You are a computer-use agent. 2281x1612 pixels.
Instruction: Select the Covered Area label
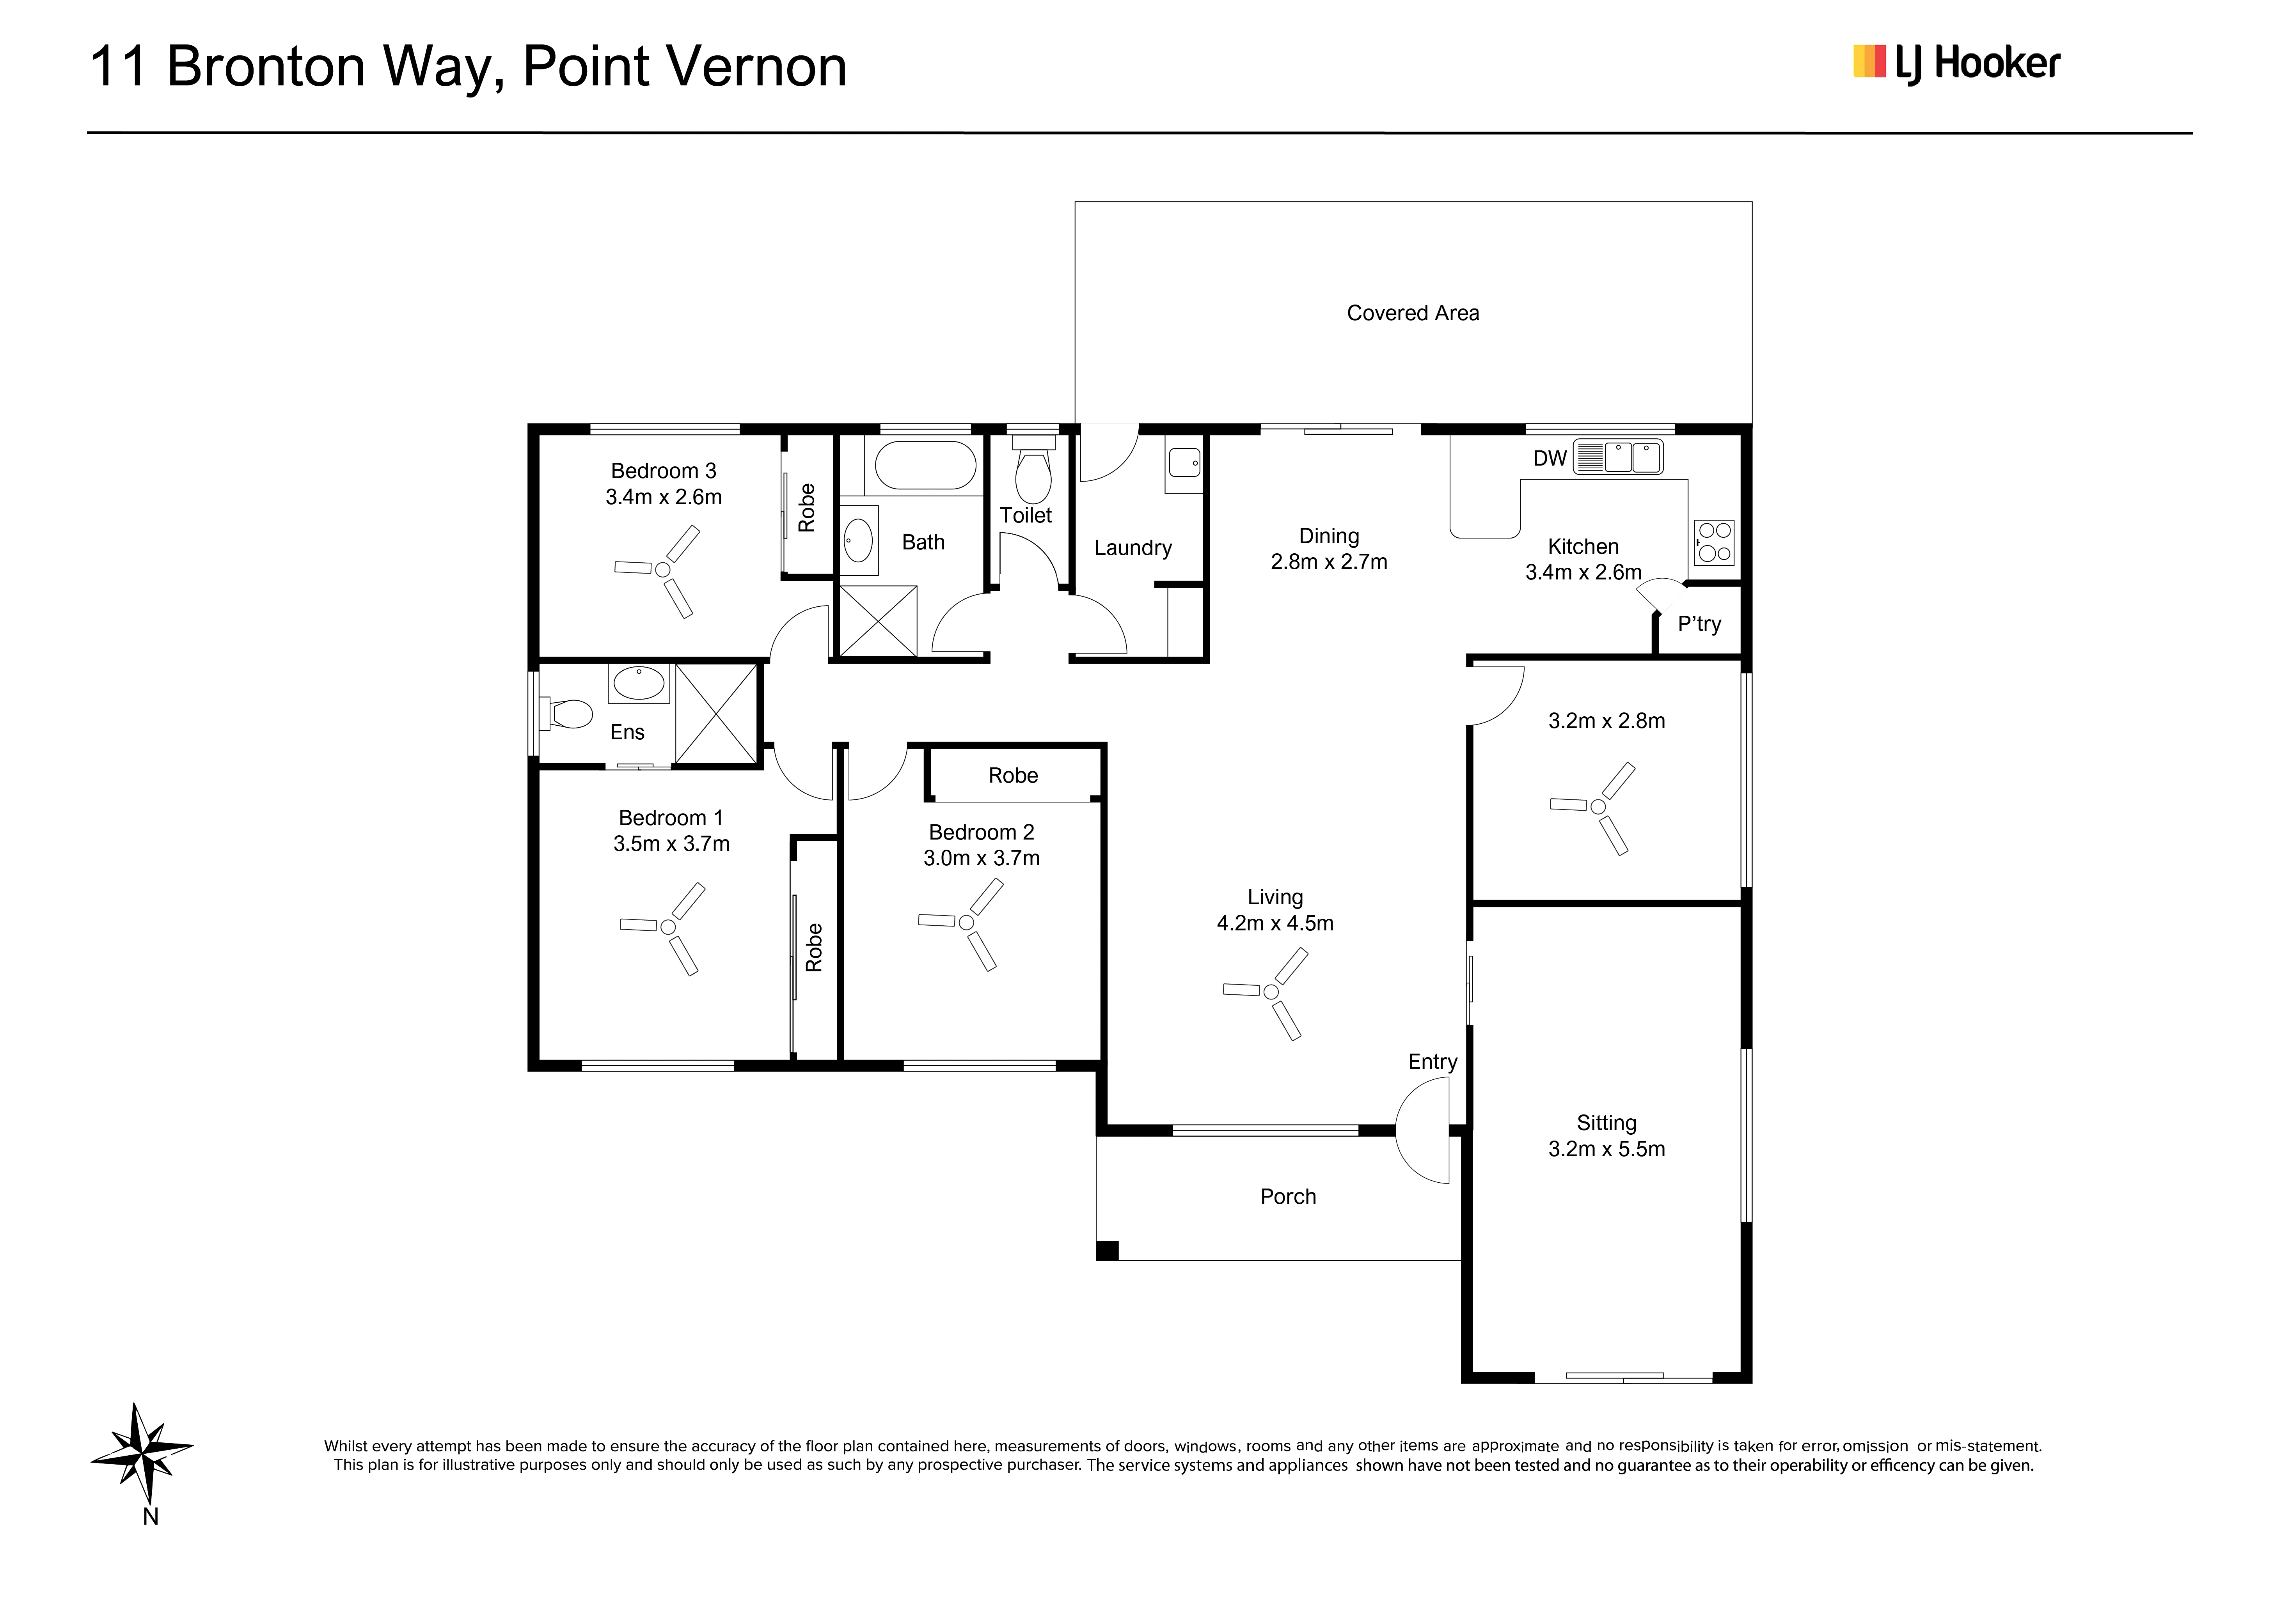pyautogui.click(x=1413, y=313)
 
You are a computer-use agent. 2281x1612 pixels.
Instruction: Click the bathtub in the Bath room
pyautogui.click(x=925, y=465)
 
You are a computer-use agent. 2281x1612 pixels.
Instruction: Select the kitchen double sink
pyautogui.click(x=1618, y=457)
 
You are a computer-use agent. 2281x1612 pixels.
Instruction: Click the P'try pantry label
pyautogui.click(x=1699, y=624)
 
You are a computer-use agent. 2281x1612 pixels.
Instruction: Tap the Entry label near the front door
pyautogui.click(x=1433, y=1062)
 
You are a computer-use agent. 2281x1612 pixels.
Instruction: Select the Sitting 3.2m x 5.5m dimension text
pyautogui.click(x=1606, y=1149)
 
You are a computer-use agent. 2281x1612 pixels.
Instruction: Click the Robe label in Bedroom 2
pyautogui.click(x=1014, y=776)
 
